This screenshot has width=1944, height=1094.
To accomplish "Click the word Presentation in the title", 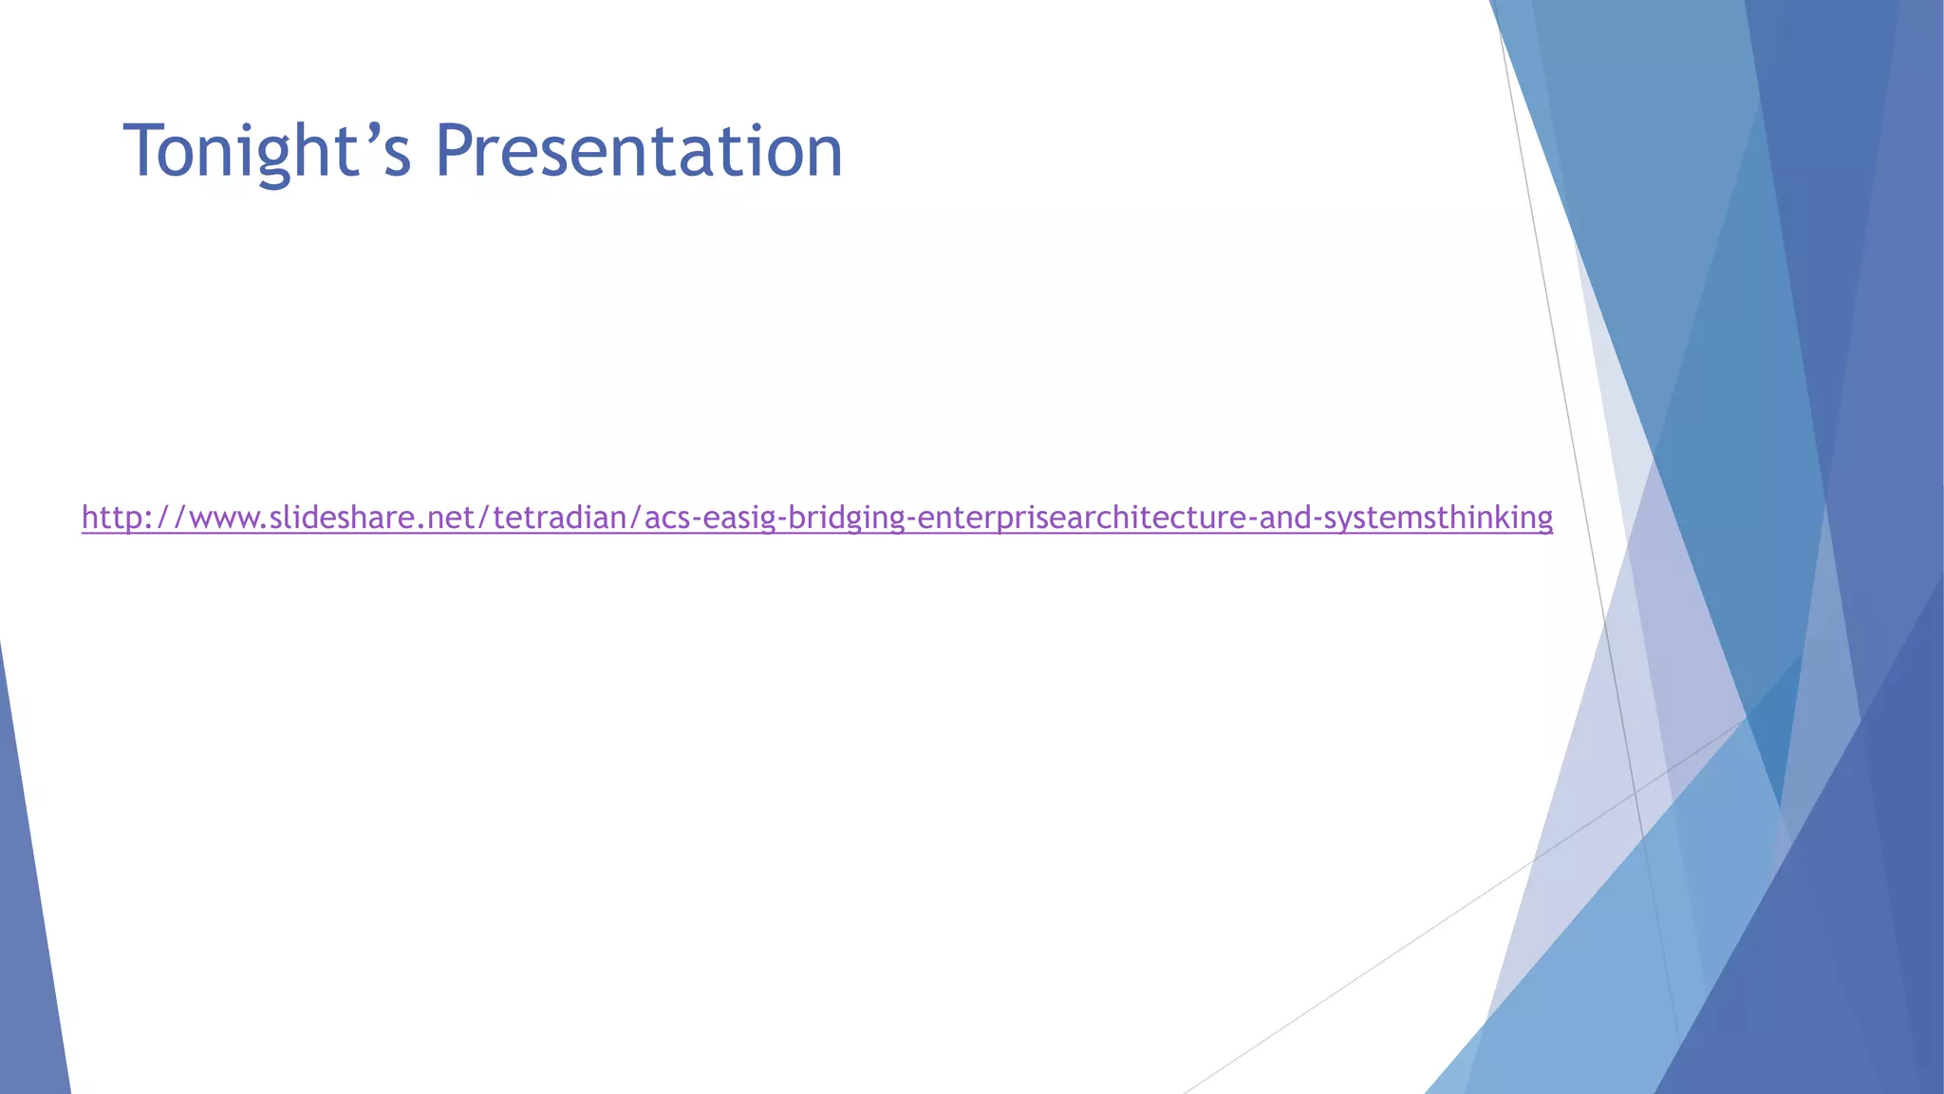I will click(638, 151).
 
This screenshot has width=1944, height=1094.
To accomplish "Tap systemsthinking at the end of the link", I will click(1437, 518).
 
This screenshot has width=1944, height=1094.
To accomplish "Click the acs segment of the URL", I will click(667, 518).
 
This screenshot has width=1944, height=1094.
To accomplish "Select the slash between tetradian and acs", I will click(635, 518).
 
